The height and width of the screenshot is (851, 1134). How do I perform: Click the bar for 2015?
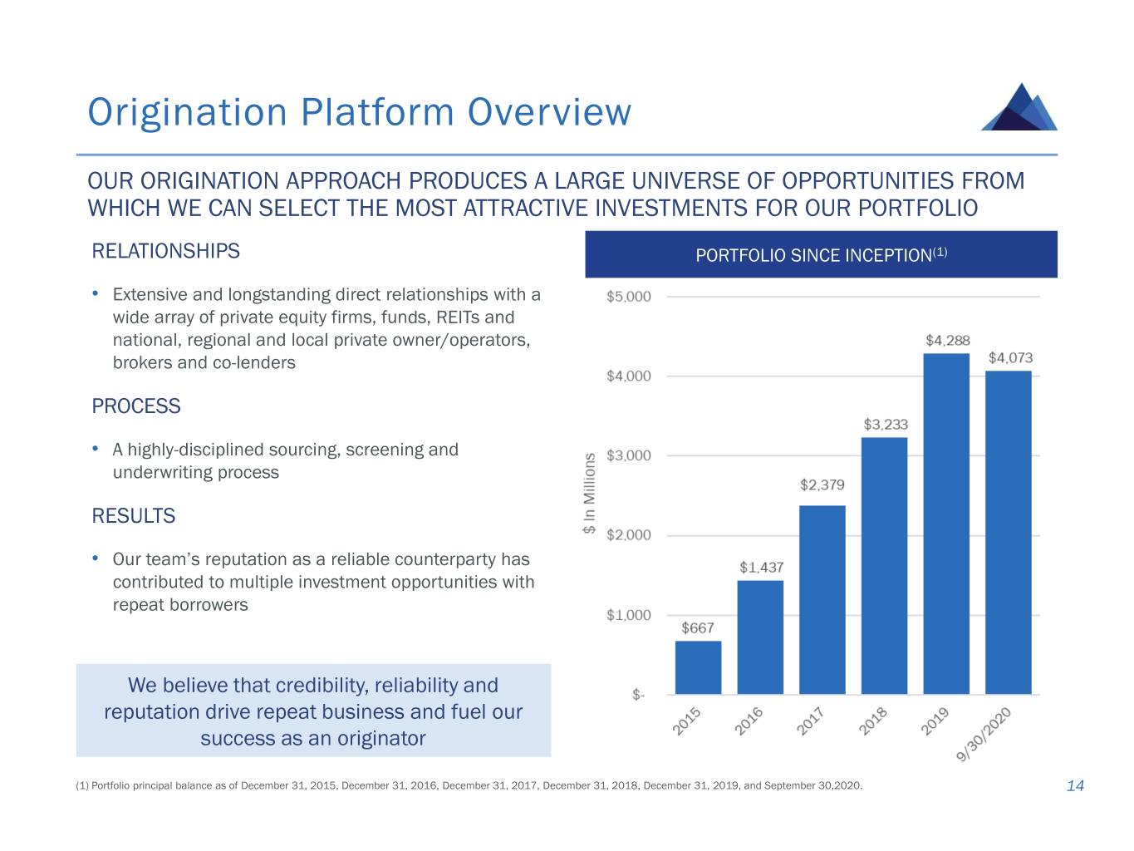[x=698, y=667]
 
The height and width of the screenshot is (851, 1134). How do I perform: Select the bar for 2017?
[x=822, y=599]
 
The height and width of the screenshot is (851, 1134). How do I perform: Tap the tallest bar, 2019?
[x=946, y=524]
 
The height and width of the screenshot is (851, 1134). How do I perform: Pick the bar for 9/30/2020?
[x=1008, y=532]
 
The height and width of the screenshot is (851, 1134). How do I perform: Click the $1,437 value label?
[x=761, y=568]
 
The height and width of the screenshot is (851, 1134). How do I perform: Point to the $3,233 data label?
[x=886, y=425]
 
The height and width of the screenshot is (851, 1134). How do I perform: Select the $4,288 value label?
[x=947, y=341]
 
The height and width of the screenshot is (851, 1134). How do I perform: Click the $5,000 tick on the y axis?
[x=629, y=297]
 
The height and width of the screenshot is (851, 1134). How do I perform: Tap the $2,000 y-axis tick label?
[x=629, y=535]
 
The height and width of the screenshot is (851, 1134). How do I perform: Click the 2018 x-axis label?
[x=874, y=721]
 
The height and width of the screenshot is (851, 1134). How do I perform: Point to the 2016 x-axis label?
[x=749, y=721]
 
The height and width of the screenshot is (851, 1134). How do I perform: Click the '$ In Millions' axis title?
[x=589, y=493]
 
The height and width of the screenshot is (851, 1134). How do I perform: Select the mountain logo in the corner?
[x=1019, y=107]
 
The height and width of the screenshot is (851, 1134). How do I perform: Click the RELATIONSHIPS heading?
[x=165, y=251]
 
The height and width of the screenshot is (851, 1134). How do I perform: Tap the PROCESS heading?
[x=136, y=406]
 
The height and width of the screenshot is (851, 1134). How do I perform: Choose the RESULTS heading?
[x=134, y=516]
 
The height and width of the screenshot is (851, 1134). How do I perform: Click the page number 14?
[x=1075, y=786]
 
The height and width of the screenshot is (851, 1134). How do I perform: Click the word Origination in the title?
[x=187, y=112]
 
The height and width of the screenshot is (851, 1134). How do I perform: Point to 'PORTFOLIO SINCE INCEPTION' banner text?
[x=813, y=256]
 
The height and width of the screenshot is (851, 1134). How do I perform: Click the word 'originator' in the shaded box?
[x=381, y=739]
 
